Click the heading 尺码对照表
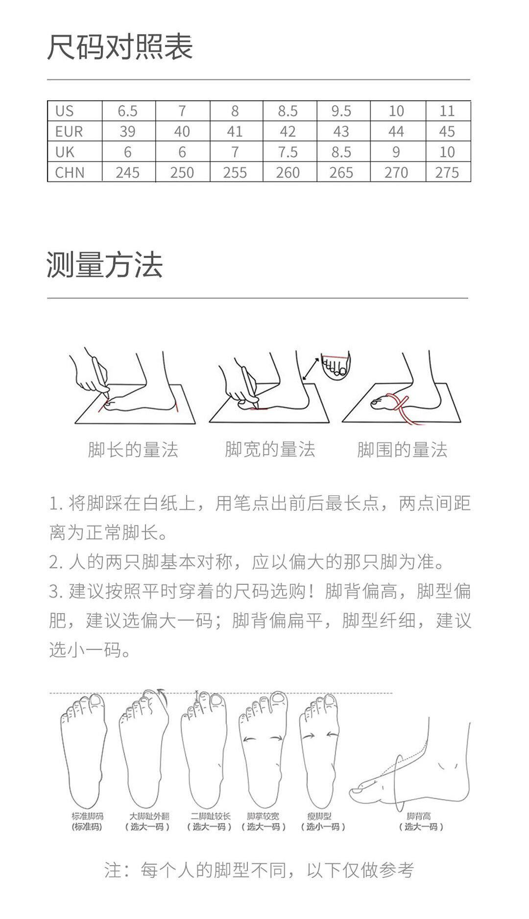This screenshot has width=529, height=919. point(120,47)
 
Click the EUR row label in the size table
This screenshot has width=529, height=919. point(69,132)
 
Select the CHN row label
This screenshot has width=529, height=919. point(70,173)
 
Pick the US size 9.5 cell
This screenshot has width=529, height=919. point(341,111)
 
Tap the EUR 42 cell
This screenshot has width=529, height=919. point(288,132)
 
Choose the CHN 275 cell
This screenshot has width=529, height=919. point(447,173)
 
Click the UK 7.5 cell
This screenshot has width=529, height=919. point(288,152)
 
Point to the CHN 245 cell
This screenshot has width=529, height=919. point(127,173)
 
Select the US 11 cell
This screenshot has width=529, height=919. point(447,111)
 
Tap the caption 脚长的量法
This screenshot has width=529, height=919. point(133,450)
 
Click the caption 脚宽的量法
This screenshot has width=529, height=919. point(270,449)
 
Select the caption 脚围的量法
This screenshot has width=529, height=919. point(402,450)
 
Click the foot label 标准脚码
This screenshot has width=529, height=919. point(87,816)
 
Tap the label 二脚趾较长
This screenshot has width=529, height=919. point(210,816)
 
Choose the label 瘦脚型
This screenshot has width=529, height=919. point(319,816)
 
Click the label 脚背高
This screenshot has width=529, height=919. point(419,816)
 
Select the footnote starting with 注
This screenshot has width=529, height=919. point(259,870)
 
